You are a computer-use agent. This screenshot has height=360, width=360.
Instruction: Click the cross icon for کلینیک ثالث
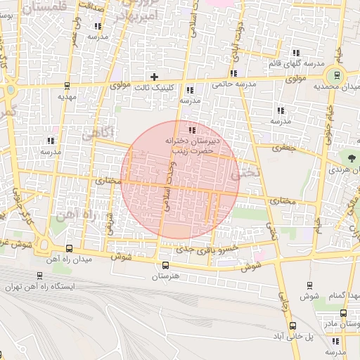tap(155, 76)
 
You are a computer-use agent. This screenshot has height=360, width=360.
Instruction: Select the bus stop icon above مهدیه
tap(67, 86)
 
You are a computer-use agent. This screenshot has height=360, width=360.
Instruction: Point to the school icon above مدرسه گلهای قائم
tap(296, 53)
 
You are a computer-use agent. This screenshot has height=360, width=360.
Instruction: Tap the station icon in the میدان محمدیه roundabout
tap(337, 76)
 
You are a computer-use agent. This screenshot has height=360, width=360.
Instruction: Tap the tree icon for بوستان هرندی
tap(349, 157)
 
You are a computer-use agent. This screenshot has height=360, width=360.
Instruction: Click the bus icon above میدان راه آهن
tap(69, 248)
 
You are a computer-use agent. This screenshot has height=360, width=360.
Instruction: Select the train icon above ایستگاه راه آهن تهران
tap(39, 276)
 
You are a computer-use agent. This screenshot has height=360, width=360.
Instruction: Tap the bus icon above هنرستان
tap(166, 265)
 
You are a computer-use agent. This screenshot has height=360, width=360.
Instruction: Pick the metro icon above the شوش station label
tap(310, 285)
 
